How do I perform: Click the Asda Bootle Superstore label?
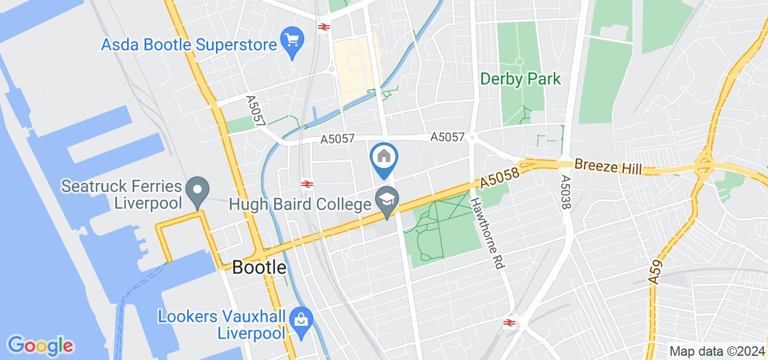point(188,44)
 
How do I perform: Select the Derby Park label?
point(521,79)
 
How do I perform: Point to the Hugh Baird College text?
point(300,205)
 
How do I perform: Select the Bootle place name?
point(259,268)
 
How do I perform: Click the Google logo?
point(40,346)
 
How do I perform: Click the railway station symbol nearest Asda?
point(325,26)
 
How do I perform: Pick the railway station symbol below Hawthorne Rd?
point(509,323)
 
